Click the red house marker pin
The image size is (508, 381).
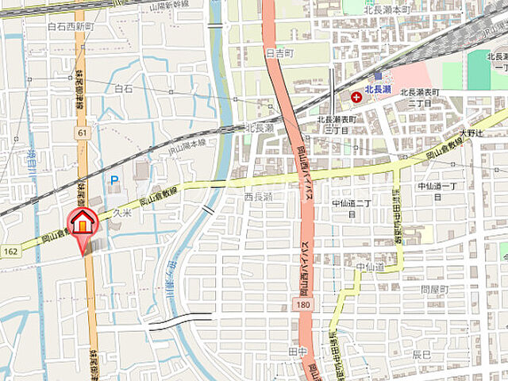[x=83, y=223]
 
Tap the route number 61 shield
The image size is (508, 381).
[x=83, y=133]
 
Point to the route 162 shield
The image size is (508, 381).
[x=10, y=251]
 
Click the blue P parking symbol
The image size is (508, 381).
[x=114, y=180]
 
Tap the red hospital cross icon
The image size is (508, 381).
[x=356, y=97]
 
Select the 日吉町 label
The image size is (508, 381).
[x=280, y=54]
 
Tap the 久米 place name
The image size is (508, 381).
[x=121, y=214]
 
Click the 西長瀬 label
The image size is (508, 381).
[x=258, y=196]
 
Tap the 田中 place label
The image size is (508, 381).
[x=298, y=349]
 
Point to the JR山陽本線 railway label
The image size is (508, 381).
[x=187, y=144]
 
